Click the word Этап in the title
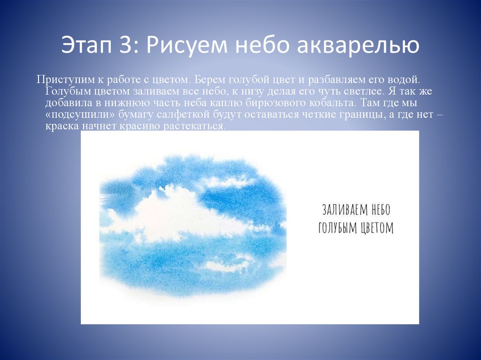pos(93,46)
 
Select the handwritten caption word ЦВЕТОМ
pos(373,228)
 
